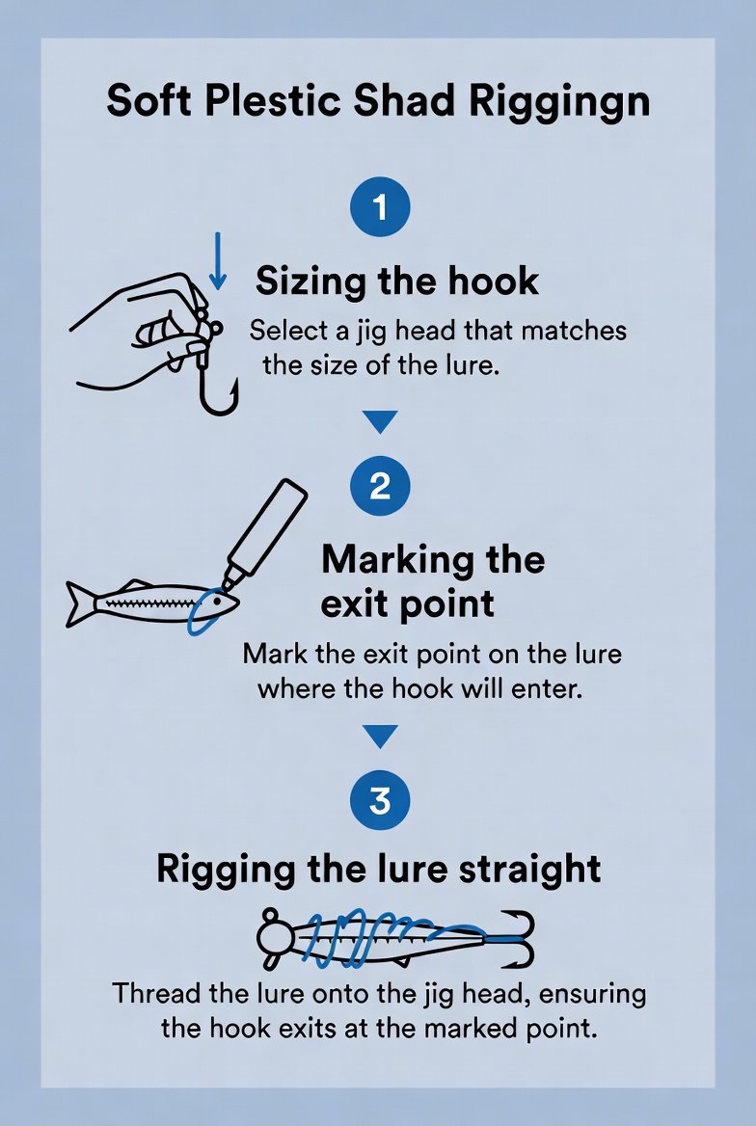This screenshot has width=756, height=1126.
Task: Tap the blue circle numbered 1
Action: [x=379, y=207]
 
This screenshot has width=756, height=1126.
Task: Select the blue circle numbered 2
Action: [x=379, y=486]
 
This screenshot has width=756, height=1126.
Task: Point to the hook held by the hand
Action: [x=215, y=366]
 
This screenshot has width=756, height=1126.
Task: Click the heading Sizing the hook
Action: [x=396, y=281]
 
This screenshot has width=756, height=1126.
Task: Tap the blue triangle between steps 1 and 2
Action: [x=379, y=422]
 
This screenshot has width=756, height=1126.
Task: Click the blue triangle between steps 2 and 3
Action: [x=379, y=737]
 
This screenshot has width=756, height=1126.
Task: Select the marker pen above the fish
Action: [x=266, y=530]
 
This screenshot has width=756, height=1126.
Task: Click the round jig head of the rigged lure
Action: [x=274, y=937]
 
